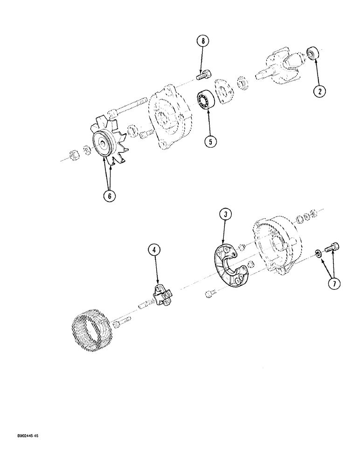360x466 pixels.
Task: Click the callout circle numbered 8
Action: pos(203,41)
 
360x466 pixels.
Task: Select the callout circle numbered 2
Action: pos(319,91)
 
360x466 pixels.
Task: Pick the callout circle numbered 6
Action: pos(110,196)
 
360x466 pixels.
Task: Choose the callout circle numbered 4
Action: pos(155,250)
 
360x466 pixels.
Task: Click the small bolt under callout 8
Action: pos(203,74)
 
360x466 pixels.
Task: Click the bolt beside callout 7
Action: pos(333,248)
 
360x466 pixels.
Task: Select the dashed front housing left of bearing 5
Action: pos(171,118)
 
